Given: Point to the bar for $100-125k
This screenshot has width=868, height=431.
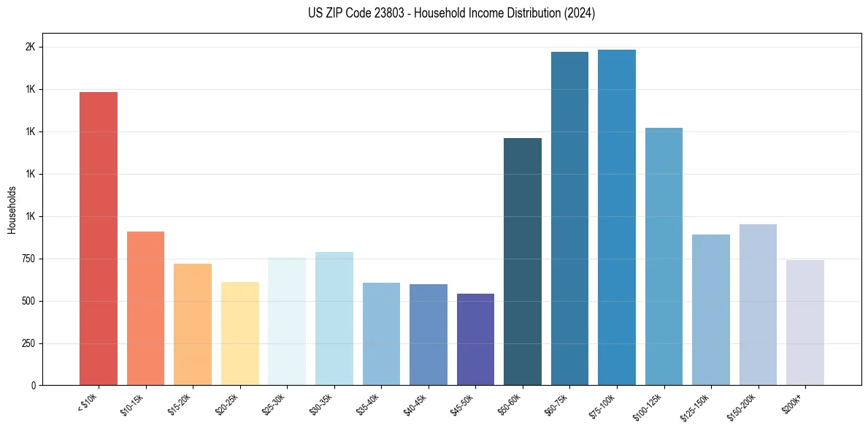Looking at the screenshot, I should (664, 256).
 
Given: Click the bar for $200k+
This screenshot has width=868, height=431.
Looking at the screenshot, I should (805, 322).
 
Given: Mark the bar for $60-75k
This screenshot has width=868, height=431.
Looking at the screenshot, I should (569, 218).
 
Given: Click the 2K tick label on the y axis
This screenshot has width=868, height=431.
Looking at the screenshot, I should (30, 47).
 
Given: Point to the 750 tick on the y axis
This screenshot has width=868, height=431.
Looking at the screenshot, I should (28, 259).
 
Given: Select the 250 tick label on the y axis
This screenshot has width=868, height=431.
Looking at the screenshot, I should (28, 343).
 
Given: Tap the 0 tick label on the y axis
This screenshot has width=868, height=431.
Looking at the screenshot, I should (33, 385).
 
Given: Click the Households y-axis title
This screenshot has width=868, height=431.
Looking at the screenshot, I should (12, 210).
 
